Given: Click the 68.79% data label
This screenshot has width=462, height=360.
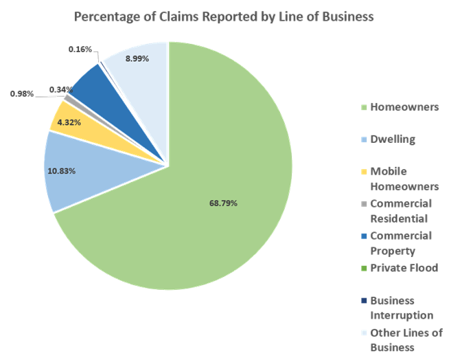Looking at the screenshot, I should pyautogui.click(x=224, y=203).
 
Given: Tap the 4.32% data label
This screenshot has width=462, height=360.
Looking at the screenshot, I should pyautogui.click(x=70, y=122).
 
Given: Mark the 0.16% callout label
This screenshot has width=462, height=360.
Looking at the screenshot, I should pyautogui.click(x=80, y=49).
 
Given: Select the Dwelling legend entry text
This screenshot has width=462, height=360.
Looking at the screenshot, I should pyautogui.click(x=393, y=139).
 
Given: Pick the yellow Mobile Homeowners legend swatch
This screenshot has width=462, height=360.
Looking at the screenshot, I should pyautogui.click(x=363, y=172).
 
